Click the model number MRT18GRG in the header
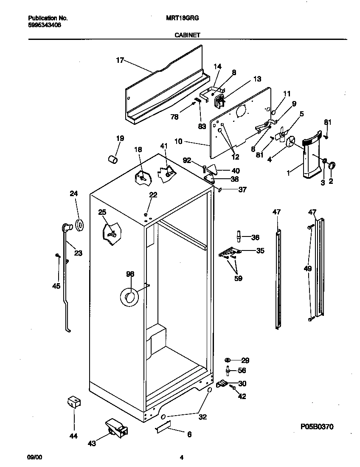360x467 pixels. tap(187, 19)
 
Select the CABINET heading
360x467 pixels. tap(187, 36)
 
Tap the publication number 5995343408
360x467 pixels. tap(44, 25)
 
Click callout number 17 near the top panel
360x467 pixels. tap(120, 60)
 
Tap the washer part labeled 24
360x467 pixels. tap(79, 225)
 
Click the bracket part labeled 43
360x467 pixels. tap(116, 426)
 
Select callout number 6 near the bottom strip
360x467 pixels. tap(189, 434)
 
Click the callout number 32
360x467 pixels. tap(202, 417)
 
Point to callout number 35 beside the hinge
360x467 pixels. tap(260, 251)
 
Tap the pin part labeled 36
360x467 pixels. tap(239, 236)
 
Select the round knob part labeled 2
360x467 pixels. tap(332, 165)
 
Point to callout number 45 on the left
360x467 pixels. tap(56, 286)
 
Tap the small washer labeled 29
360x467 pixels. tap(228, 360)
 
